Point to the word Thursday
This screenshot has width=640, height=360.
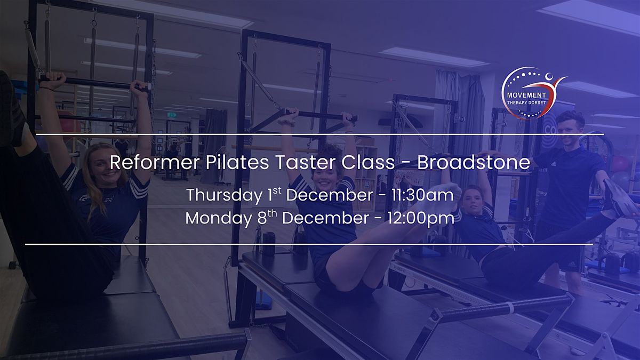225,195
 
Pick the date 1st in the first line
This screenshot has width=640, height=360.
274,194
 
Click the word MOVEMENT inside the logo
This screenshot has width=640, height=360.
526,87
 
